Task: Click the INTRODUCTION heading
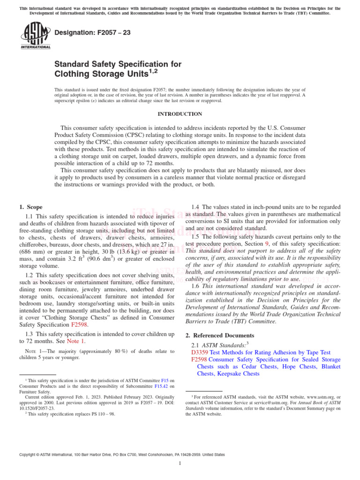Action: (180, 114)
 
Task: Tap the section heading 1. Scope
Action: (30, 207)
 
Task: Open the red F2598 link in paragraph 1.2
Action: (79, 324)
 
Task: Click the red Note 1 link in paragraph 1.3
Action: (76, 341)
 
